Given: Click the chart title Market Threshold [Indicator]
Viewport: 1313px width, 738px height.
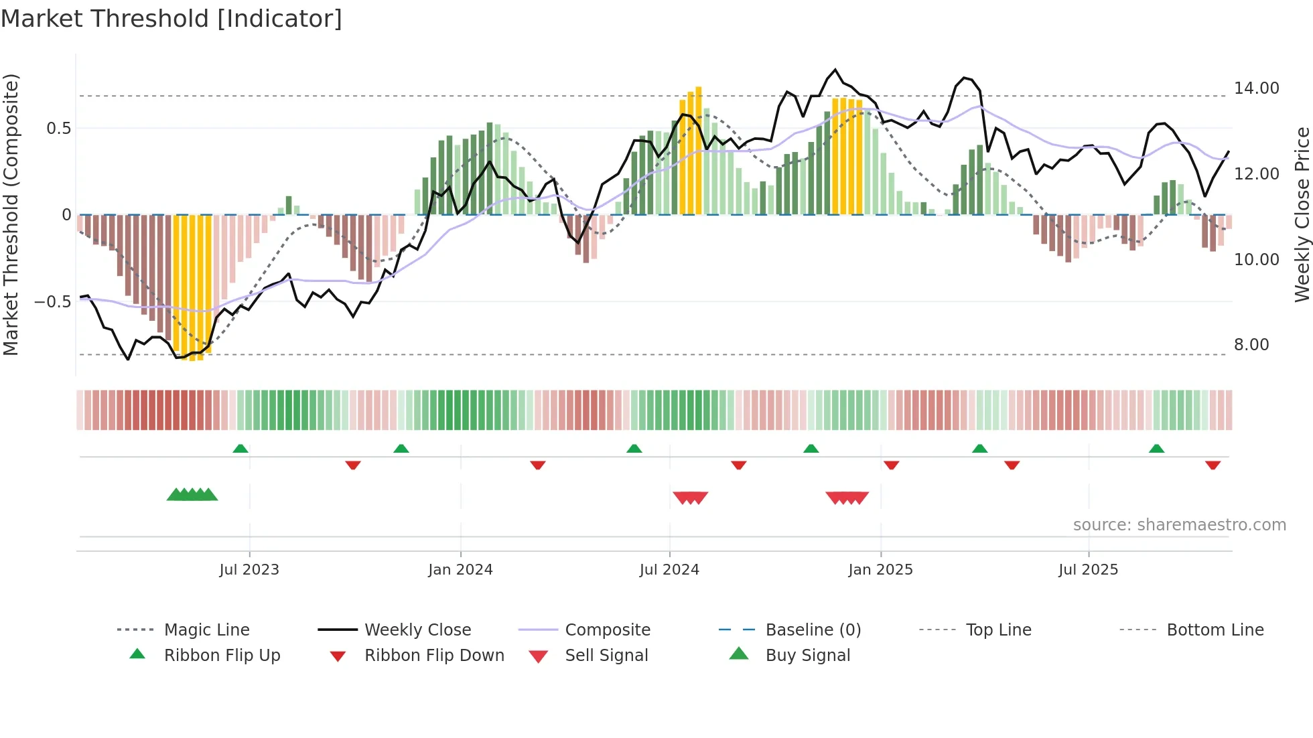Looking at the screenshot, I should (x=171, y=19).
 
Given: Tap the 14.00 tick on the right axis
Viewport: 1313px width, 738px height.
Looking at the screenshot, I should (x=1256, y=88).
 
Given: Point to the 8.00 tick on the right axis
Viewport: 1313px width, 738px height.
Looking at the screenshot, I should (x=1251, y=345).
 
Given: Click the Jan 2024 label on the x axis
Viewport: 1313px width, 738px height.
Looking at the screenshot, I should (x=460, y=570).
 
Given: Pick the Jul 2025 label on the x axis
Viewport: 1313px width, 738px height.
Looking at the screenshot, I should (x=1088, y=570).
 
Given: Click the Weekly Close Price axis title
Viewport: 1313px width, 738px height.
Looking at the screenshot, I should (x=1301, y=214).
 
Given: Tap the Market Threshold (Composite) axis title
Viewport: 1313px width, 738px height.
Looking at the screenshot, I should (x=11, y=214).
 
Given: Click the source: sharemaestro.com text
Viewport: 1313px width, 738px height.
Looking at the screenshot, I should (x=1179, y=525).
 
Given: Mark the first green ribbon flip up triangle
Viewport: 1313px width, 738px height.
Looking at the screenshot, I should (x=240, y=449).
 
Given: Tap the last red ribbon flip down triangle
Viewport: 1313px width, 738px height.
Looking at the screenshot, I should (x=1213, y=465).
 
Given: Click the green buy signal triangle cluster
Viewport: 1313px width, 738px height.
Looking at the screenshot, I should (x=192, y=495).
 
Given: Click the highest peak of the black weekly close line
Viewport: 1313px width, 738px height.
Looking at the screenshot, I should (x=835, y=70).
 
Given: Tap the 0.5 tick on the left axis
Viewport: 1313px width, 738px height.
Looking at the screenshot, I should (x=58, y=129).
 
